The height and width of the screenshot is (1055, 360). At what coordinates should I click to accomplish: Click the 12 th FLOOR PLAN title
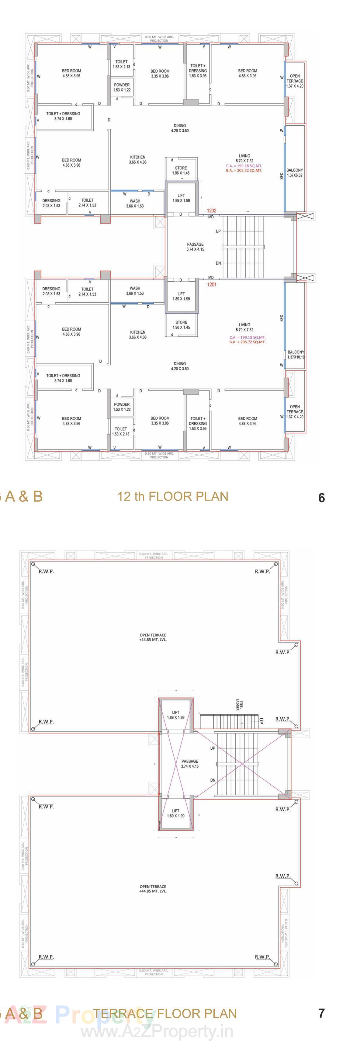tap(172, 496)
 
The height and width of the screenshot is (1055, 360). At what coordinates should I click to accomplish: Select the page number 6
tap(321, 498)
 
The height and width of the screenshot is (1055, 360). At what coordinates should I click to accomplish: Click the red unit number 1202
tap(212, 210)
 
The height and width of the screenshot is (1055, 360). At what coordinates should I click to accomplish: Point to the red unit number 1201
tap(212, 284)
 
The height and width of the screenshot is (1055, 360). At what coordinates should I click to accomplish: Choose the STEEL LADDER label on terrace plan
tap(239, 705)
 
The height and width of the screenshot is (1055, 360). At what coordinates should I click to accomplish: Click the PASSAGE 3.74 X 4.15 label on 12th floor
tap(196, 247)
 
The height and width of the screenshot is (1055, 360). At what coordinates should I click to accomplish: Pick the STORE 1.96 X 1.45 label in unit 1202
tap(181, 170)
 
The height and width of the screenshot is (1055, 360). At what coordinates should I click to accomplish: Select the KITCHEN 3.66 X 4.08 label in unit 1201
tap(138, 335)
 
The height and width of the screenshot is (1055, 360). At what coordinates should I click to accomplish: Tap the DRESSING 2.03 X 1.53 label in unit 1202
tap(51, 203)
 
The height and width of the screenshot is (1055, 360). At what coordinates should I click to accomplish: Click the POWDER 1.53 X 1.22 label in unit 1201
tap(122, 407)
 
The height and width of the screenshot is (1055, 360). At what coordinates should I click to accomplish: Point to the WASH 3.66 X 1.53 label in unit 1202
tap(135, 203)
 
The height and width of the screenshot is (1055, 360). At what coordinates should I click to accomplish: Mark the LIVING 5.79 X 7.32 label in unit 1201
tap(244, 327)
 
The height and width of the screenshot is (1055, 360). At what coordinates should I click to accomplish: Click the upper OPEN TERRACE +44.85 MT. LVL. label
tap(153, 637)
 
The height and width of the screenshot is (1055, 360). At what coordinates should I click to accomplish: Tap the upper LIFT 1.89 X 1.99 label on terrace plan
tap(176, 715)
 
